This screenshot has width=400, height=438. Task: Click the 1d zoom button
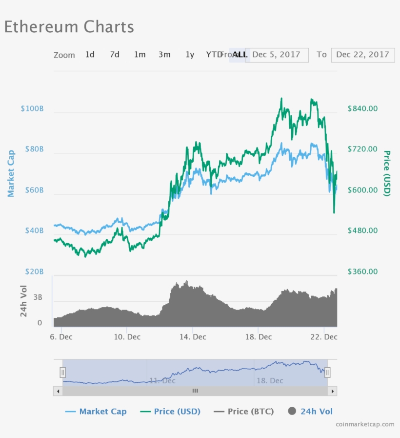[90, 55]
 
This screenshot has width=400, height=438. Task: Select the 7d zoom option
[115, 55]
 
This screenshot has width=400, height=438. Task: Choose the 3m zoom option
[164, 55]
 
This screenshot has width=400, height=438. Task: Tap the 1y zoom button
[190, 55]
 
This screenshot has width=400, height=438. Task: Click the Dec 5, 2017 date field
[277, 55]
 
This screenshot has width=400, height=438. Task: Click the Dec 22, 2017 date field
[362, 55]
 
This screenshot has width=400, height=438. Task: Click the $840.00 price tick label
[362, 108]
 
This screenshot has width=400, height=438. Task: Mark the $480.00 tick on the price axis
[362, 230]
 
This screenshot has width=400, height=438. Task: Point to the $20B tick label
[34, 271]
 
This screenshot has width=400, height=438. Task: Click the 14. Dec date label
[193, 337]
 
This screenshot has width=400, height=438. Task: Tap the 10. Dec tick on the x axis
[127, 337]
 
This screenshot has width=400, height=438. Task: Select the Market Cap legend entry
[96, 412]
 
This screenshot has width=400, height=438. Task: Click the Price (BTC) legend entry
[244, 412]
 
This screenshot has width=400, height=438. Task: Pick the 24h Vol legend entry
[311, 412]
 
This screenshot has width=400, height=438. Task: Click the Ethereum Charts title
[69, 27]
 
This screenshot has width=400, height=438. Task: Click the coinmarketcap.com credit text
[365, 424]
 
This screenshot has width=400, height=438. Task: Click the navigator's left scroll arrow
[58, 391]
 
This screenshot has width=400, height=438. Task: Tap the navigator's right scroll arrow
[332, 391]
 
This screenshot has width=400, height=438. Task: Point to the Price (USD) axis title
[387, 173]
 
